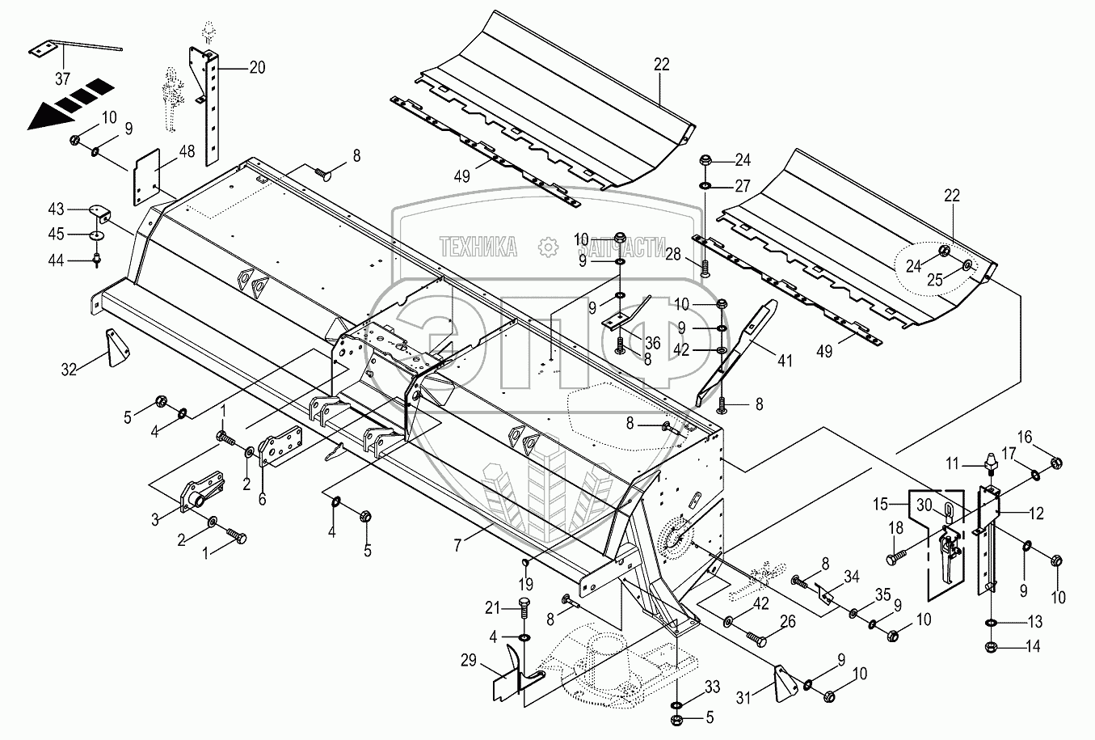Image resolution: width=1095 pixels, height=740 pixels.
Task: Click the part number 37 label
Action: (62, 78)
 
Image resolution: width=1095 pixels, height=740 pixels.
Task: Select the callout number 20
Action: (256, 68)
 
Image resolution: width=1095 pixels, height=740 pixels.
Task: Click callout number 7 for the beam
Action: (457, 547)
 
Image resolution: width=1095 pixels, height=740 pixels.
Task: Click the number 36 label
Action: (653, 343)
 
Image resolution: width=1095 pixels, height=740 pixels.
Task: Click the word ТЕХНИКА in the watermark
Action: (478, 247)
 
